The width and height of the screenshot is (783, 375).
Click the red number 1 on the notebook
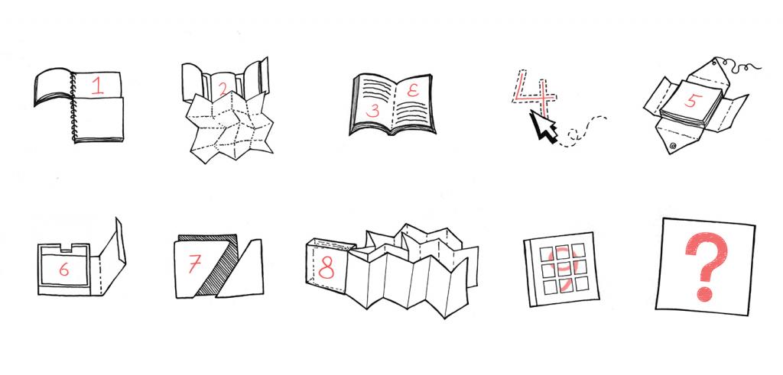pyautogui.click(x=98, y=86)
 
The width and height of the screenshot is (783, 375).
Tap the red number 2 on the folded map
pyautogui.click(x=223, y=89)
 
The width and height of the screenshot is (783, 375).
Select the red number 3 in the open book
pyautogui.click(x=373, y=111)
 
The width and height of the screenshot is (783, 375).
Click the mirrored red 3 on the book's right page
pyautogui.click(x=412, y=91)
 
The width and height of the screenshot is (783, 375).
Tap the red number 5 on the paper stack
pyautogui.click(x=690, y=100)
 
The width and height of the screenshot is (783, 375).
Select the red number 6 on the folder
pyautogui.click(x=64, y=270)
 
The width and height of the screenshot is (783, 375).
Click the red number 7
pyautogui.click(x=194, y=263)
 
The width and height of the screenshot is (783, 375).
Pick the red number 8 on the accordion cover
pyautogui.click(x=326, y=268)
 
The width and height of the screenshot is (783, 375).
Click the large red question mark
pyautogui.click(x=706, y=266)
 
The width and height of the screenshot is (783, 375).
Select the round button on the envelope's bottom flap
pyautogui.click(x=674, y=146)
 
